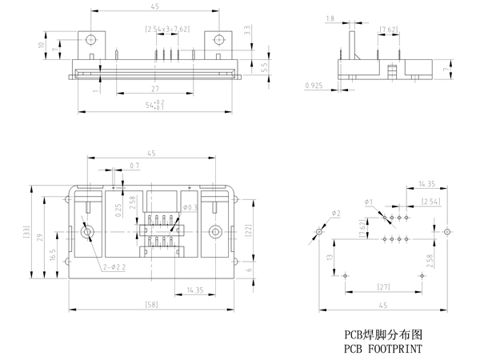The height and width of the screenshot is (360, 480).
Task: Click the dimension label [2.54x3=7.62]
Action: pyautogui.click(x=167, y=29)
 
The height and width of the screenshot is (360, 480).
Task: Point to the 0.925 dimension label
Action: pyautogui.click(x=314, y=83)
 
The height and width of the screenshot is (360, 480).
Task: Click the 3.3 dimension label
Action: pyautogui.click(x=248, y=30)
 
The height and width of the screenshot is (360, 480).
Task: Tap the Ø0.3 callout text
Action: pyautogui.click(x=190, y=208)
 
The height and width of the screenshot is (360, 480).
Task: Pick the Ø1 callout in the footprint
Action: pyautogui.click(x=370, y=201)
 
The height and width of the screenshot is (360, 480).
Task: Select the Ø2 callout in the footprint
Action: pyautogui.click(x=336, y=213)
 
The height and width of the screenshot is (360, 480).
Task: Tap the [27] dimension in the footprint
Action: pyautogui.click(x=382, y=286)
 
